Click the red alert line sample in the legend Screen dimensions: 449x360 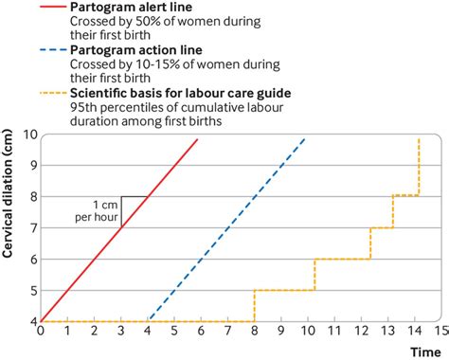[x=54, y=7]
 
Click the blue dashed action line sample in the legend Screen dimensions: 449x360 [x=54, y=50]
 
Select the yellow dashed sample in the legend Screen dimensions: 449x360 [x=54, y=93]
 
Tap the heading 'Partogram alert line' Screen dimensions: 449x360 [x=131, y=8]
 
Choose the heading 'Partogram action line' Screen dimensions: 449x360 [x=136, y=50]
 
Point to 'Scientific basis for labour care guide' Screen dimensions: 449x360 [x=180, y=93]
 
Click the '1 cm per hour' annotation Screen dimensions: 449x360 [x=97, y=211]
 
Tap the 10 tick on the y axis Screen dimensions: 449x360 [x=30, y=135]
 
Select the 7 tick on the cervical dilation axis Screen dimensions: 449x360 [x=34, y=228]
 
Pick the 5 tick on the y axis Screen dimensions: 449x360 [x=34, y=291]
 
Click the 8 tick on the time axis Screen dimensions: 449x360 [x=255, y=331]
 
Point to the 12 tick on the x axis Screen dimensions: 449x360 [x=361, y=331]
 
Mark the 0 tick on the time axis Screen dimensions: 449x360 [x=41, y=331]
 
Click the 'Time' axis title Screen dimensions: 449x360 [x=425, y=352]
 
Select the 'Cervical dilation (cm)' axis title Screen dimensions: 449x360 [x=8, y=193]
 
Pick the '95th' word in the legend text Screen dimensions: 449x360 [x=83, y=108]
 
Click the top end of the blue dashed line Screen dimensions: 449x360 [x=305, y=138]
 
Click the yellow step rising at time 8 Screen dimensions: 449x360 [x=255, y=306]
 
